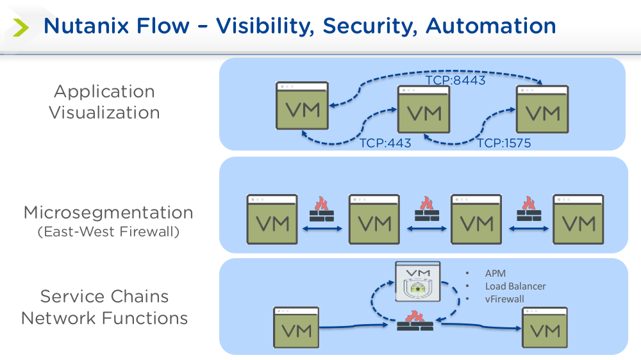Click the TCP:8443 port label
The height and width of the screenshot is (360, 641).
point(456,81)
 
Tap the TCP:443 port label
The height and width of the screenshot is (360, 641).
point(385,143)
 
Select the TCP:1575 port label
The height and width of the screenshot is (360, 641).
point(504,143)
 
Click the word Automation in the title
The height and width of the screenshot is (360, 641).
point(491,26)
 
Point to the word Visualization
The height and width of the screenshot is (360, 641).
point(104,113)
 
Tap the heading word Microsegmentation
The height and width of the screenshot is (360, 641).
point(108,213)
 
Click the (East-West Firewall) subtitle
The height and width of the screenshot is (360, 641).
point(108,231)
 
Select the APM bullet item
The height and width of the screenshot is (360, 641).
point(495,274)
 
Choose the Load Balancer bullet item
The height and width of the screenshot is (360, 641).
point(515,286)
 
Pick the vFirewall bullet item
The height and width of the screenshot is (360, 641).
point(504,299)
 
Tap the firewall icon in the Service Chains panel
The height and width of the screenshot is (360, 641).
point(415,320)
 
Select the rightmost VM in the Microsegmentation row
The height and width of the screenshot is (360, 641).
point(578,220)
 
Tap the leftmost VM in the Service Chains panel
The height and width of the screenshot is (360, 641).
point(297,327)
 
